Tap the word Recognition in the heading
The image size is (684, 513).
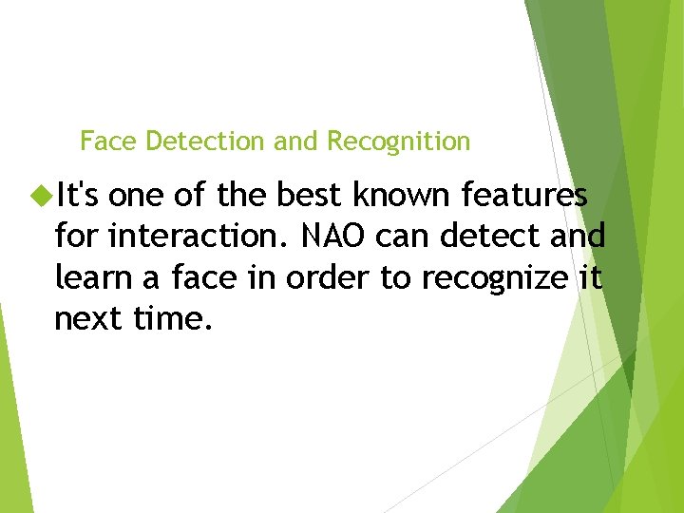click(398, 142)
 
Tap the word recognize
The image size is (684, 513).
click(490, 277)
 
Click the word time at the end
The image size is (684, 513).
click(172, 319)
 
